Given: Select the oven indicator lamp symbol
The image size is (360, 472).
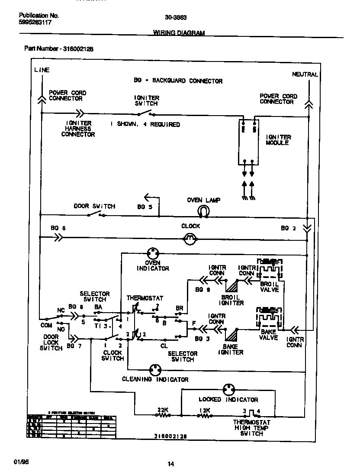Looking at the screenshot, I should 152,253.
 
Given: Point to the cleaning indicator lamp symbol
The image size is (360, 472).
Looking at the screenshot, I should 154,370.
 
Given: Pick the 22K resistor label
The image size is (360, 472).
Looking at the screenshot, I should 163,410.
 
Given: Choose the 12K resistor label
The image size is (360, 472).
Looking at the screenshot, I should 204,410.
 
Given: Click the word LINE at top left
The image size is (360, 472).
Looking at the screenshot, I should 42,70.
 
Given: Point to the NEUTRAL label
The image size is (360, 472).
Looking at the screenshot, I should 305,74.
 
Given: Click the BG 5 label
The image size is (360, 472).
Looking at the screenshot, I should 145,207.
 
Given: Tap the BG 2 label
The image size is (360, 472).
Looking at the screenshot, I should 289,228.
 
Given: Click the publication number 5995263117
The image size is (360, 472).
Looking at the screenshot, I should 35,22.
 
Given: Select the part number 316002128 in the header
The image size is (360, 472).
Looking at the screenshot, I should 78,48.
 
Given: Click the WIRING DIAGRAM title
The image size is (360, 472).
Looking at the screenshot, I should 179,33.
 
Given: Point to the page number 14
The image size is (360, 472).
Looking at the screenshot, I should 170,464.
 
